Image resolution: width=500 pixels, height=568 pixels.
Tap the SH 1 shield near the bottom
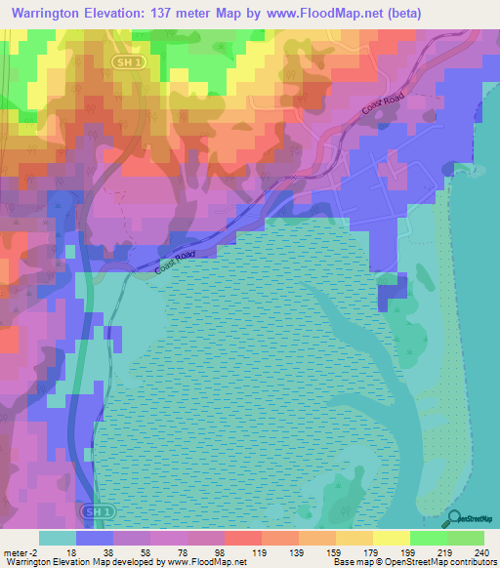[92, 511]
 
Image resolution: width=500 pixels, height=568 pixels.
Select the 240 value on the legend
[480, 551]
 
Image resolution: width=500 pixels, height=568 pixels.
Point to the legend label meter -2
[21, 551]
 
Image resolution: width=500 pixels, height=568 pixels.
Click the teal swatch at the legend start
[58, 538]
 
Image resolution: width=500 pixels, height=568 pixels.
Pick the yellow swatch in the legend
[391, 538]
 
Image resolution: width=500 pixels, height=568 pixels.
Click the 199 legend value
[390, 551]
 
